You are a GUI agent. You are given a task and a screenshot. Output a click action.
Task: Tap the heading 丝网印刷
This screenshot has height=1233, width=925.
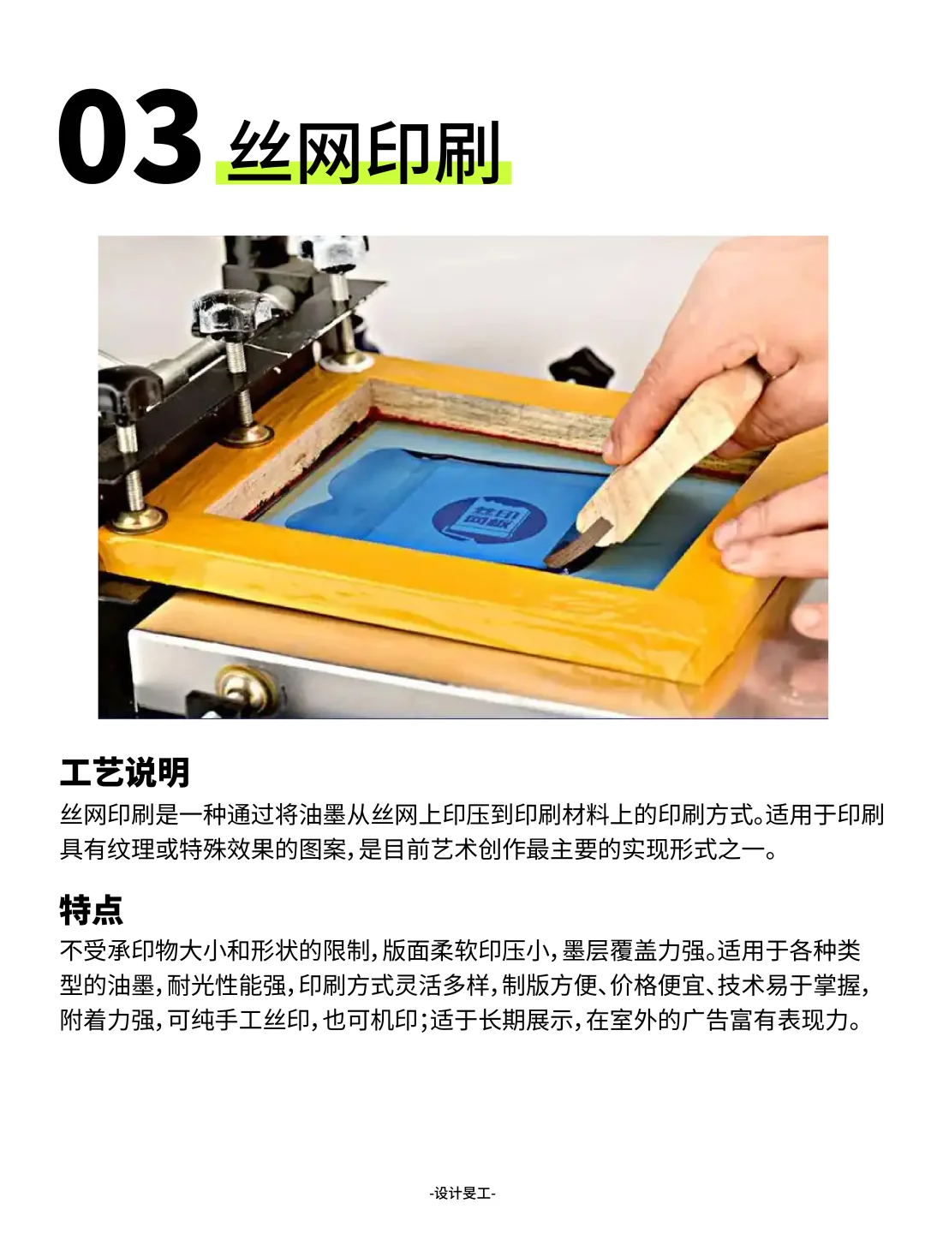tap(365, 154)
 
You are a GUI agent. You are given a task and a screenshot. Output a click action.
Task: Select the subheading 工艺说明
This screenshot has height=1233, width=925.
tap(124, 772)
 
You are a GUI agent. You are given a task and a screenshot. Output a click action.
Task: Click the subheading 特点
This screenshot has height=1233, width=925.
tap(91, 909)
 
